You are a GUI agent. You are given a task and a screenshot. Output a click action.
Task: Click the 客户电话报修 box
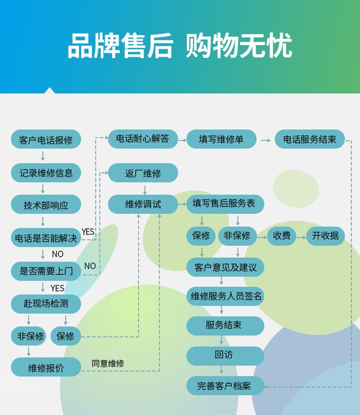click(46, 139)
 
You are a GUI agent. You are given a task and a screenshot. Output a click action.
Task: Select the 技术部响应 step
click(46, 204)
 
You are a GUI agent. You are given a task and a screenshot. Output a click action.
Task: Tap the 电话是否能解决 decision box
click(46, 237)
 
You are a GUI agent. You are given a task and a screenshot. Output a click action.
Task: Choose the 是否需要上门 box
click(46, 271)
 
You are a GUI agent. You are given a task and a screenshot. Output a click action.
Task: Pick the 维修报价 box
click(46, 367)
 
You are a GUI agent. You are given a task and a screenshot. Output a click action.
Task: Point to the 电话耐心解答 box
click(143, 139)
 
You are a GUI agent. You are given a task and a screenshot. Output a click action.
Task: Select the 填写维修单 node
click(221, 139)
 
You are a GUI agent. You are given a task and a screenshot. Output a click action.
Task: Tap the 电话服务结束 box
click(310, 139)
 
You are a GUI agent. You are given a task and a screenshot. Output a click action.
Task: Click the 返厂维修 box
click(143, 173)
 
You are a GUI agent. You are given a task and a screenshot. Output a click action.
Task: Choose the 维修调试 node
click(143, 204)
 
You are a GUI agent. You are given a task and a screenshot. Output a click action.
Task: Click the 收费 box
click(281, 236)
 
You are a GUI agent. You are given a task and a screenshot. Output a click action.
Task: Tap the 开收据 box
click(325, 236)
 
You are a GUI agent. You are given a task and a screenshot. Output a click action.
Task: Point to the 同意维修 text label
click(108, 364)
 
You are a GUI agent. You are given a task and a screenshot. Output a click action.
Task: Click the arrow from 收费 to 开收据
click(301, 237)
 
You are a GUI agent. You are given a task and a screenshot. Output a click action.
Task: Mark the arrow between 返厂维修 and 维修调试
click(144, 190)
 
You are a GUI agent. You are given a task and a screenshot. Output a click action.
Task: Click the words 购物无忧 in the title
click(239, 45)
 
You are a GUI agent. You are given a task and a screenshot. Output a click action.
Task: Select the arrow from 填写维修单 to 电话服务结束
click(265, 140)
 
